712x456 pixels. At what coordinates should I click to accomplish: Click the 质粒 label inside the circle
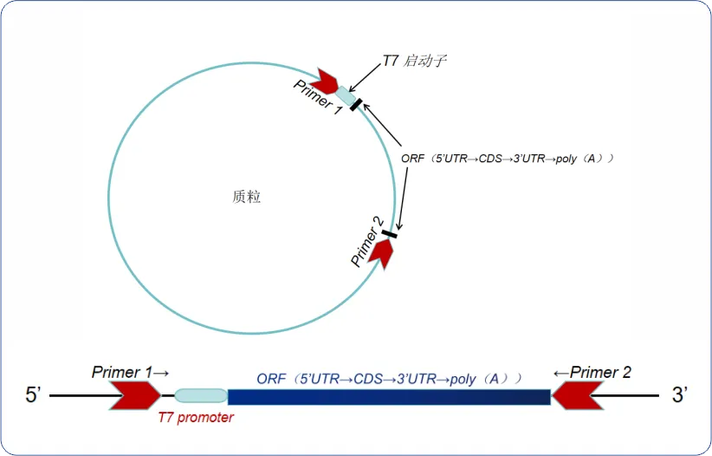coord(247,197)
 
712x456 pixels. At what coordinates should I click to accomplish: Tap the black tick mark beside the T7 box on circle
coord(356,105)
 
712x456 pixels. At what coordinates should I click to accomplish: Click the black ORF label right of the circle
coord(508,159)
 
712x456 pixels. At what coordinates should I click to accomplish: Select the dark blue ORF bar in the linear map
coord(389,397)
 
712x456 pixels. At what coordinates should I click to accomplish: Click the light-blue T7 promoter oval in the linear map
coord(200,396)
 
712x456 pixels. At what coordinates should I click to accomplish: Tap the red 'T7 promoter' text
coord(196,417)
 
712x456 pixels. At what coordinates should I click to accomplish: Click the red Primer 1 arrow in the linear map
coord(135,396)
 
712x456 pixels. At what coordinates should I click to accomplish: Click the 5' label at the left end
coord(34,396)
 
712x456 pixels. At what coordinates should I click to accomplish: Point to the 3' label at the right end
coord(680,396)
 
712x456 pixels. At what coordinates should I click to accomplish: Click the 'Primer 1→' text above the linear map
coord(130,372)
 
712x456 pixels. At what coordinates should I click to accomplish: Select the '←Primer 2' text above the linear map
coord(592,373)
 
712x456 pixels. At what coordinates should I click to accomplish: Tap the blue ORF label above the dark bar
coord(389,379)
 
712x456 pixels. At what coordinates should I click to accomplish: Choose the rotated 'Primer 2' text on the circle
coord(367,246)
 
